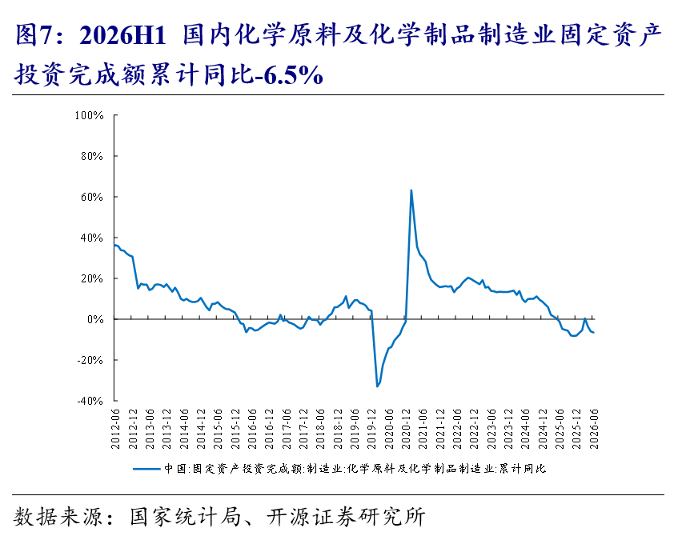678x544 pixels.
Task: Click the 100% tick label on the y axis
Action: pyautogui.click(x=89, y=115)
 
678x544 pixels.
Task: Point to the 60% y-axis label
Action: pyautogui.click(x=92, y=197)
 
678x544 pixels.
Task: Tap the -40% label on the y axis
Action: pyautogui.click(x=90, y=401)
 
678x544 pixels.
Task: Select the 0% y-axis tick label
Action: pyautogui.click(x=95, y=319)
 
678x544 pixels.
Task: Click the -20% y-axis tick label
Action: pyautogui.click(x=90, y=360)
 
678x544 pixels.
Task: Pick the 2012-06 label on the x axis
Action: pyautogui.click(x=115, y=429)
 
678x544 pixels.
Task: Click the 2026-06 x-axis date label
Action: pyautogui.click(x=594, y=429)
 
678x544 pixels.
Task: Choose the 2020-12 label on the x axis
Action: pyautogui.click(x=406, y=429)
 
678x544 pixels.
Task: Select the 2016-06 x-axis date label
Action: pyautogui.click(x=252, y=429)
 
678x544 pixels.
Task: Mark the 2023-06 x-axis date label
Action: pyautogui.click(x=491, y=429)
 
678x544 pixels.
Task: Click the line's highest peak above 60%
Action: pyautogui.click(x=411, y=190)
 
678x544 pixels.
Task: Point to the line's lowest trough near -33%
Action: pyautogui.click(x=377, y=386)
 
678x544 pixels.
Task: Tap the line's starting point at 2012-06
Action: pyautogui.click(x=114, y=246)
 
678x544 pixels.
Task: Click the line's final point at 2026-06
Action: pyautogui.click(x=594, y=332)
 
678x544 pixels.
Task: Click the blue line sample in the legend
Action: pyautogui.click(x=146, y=469)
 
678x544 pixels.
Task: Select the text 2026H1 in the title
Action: pyautogui.click(x=122, y=35)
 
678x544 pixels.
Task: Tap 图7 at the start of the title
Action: pyautogui.click(x=34, y=35)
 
